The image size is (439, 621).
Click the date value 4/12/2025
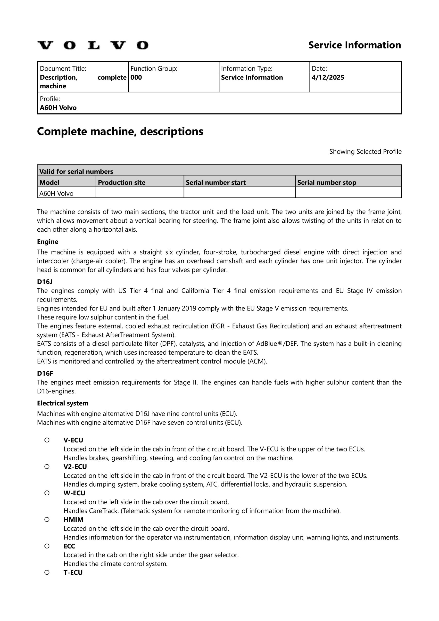pos(328,78)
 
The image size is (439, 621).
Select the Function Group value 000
pos(136,78)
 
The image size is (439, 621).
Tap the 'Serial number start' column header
pos(216,183)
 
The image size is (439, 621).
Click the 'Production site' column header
pos(122,183)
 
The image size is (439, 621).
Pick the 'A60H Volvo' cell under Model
pos(56,194)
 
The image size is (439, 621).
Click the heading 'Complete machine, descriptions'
pos(120,131)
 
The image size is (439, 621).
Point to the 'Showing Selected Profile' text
pos(365,152)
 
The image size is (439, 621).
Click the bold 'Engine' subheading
pos(48,242)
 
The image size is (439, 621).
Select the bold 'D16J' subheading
pos(45,282)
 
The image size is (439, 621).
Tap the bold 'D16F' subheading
pos(45,374)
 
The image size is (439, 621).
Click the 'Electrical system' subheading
pos(63,403)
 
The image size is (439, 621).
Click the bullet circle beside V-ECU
pos(47,440)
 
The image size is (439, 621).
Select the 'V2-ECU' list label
pos(75,467)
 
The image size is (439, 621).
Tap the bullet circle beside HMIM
pos(47,520)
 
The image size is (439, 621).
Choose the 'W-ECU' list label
pos(75,493)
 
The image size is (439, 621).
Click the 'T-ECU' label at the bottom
pos(73,572)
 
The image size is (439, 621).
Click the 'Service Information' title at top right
pos(355,45)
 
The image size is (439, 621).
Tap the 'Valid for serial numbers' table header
pos(76,172)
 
